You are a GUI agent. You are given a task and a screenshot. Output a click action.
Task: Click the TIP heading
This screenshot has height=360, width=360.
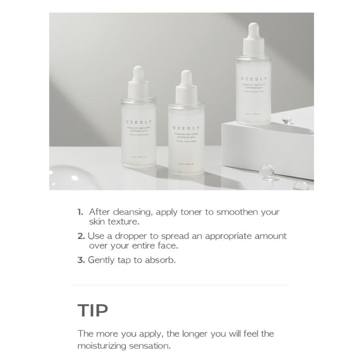coord(93,311)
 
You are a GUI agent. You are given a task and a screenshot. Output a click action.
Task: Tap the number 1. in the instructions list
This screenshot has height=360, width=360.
coord(81,212)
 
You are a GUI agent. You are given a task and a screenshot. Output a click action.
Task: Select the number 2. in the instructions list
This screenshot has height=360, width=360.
coord(81,236)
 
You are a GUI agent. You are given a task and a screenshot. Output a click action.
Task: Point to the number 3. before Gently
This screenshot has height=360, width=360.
coord(81,260)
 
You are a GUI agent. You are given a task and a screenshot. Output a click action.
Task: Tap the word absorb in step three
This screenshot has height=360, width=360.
coord(160,260)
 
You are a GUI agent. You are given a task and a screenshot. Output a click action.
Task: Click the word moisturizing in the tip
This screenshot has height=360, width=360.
coord(102,346)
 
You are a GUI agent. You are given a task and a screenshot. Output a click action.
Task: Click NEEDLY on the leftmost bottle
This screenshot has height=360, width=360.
coord(139,122)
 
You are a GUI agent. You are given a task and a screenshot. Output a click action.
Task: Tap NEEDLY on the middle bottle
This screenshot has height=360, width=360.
coord(186,128)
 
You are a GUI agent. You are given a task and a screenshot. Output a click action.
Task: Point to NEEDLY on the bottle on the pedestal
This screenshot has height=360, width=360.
coord(253,79)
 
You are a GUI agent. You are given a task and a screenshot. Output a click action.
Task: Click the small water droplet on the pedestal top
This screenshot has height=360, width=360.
coord(286,119)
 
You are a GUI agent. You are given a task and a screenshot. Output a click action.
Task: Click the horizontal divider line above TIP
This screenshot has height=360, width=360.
coord(180,285)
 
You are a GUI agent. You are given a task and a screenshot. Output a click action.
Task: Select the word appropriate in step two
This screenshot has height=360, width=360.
coord(230,236)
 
